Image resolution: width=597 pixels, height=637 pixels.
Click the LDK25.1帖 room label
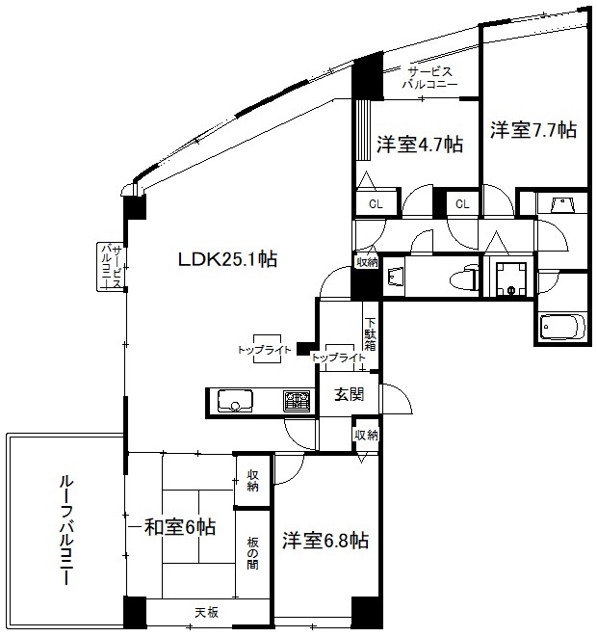pyautogui.click(x=227, y=258)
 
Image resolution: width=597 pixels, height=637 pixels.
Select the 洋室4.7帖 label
pyautogui.click(x=419, y=145)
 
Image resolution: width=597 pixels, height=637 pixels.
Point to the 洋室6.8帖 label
pyautogui.click(x=324, y=541)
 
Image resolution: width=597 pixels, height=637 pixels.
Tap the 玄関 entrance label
pyautogui.click(x=349, y=394)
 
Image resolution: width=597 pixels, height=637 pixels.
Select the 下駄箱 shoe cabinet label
pyautogui.click(x=370, y=332)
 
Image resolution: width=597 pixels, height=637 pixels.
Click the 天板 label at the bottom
pyautogui.click(x=206, y=612)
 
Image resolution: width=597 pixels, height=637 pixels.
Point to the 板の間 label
pyautogui.click(x=252, y=552)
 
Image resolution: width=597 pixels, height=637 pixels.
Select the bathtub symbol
pyautogui.click(x=560, y=327)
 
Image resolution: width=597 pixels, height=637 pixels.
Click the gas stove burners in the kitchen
pyautogui.click(x=296, y=399)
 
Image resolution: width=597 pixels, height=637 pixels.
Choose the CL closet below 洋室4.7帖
pyautogui.click(x=376, y=203)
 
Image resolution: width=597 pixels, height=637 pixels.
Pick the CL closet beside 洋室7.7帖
pyautogui.click(x=462, y=203)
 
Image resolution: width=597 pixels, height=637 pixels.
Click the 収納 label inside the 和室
pyautogui.click(x=252, y=480)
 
